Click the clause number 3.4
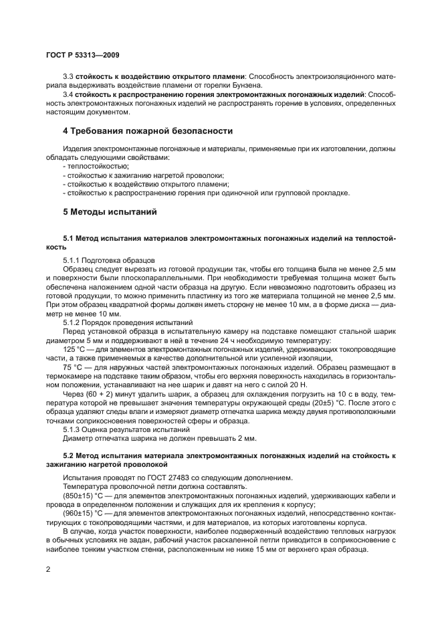coord(68,96)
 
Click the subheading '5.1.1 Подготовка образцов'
coord(109,259)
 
